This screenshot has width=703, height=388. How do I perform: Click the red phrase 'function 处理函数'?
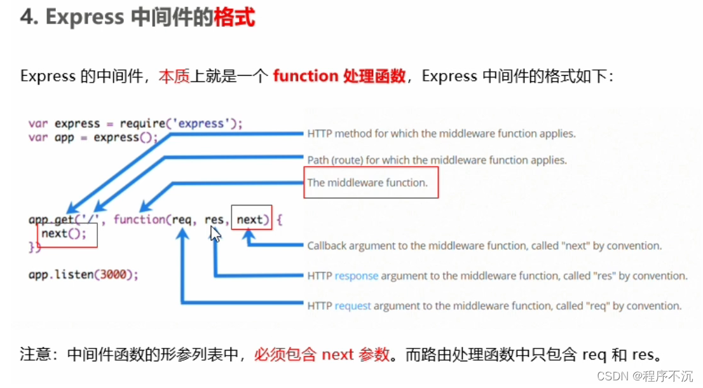pos(339,76)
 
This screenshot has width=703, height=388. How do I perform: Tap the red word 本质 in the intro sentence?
pos(174,76)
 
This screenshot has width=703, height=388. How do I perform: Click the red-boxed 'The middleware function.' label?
pos(367,183)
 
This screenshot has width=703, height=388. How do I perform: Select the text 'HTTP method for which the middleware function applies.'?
pos(441,134)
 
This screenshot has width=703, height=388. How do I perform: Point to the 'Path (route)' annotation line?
pos(437,160)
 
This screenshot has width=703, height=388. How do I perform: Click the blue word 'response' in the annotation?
pos(356,276)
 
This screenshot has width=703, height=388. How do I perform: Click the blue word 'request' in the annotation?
pos(352,306)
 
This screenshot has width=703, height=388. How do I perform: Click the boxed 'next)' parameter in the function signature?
pos(252,219)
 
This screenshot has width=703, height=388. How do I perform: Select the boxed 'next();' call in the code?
pos(67,234)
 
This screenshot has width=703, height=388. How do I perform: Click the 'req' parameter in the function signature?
pos(182,219)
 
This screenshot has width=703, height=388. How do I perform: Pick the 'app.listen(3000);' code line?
pos(83,275)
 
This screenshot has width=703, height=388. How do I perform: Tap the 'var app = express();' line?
pos(93,137)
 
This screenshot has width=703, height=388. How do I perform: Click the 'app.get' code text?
pos(51,219)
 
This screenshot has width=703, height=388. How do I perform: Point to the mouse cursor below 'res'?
pos(216,234)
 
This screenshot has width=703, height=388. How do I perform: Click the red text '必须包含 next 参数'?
pos(322,355)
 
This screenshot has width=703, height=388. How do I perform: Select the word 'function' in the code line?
pos(139,219)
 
